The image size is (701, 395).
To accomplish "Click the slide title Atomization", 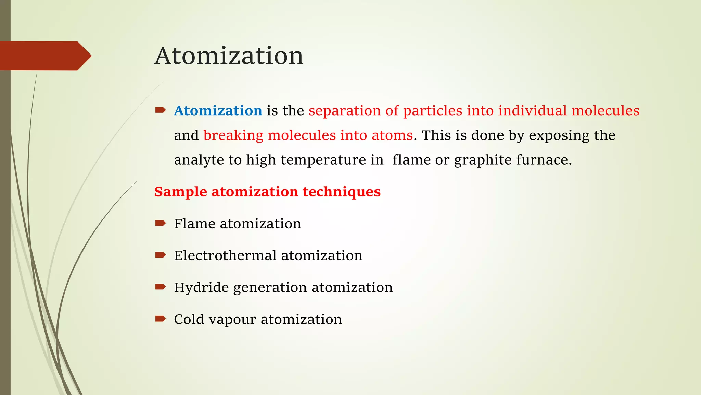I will click(x=229, y=56).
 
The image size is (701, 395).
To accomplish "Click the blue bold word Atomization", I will click(x=218, y=111).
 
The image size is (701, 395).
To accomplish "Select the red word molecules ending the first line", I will click(x=605, y=111).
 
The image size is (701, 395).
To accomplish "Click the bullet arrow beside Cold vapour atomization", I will click(x=160, y=319).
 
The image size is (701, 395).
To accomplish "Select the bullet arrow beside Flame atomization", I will click(x=160, y=223).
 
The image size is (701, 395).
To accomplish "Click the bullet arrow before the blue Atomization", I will click(x=160, y=110).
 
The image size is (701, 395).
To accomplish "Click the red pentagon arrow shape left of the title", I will click(x=44, y=56).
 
